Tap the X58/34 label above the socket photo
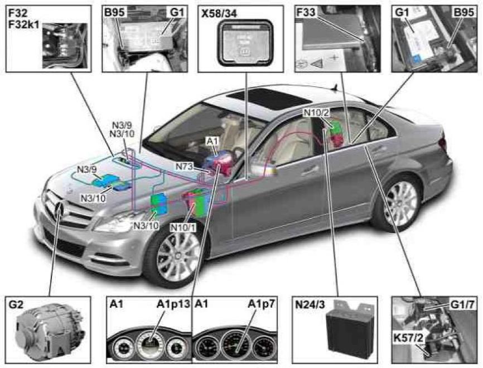pos(219,12)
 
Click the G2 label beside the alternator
pos(16,304)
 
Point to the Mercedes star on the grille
pos(61,211)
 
